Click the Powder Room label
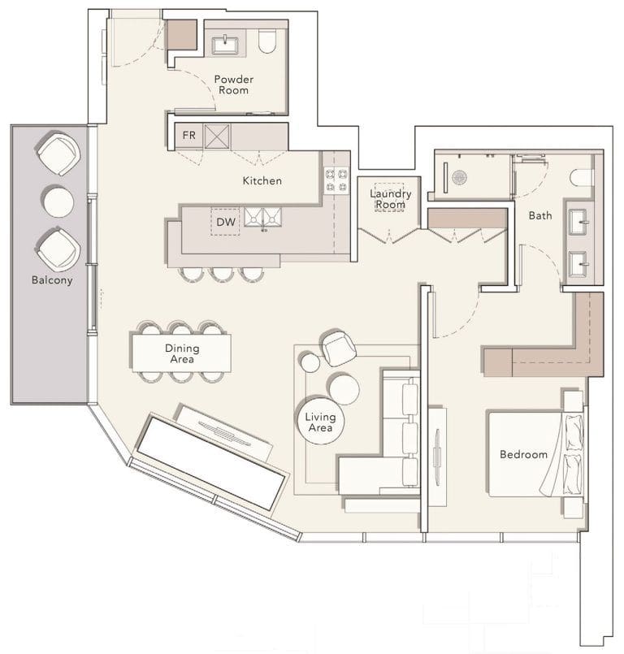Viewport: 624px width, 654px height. click(233, 84)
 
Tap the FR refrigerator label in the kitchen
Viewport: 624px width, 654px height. click(188, 135)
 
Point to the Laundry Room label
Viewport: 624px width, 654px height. click(390, 199)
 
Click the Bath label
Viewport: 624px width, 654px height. click(540, 215)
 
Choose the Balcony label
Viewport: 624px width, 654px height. click(52, 280)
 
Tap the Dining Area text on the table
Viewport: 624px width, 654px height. click(181, 353)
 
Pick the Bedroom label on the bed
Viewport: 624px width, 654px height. click(523, 454)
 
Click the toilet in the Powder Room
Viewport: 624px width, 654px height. click(268, 41)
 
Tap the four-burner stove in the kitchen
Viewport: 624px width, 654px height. click(336, 180)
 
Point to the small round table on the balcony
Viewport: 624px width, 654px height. click(58, 201)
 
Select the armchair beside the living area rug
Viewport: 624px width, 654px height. click(339, 349)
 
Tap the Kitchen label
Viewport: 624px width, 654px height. click(262, 180)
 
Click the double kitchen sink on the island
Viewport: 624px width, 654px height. click(264, 216)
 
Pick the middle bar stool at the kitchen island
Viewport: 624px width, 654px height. click(222, 274)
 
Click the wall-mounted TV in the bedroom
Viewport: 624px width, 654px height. click(437, 455)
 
